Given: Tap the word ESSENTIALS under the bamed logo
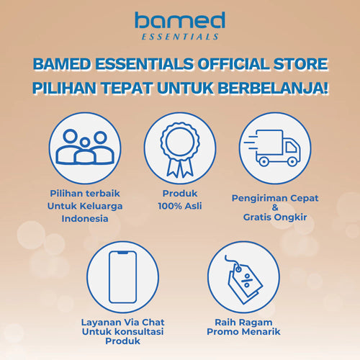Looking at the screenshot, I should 180,35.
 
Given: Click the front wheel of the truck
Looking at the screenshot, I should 292,162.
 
